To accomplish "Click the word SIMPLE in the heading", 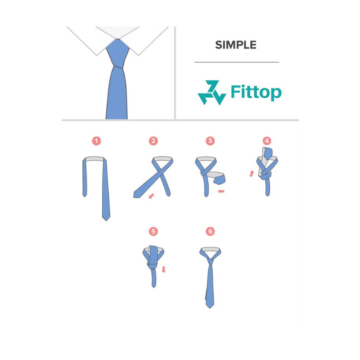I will click(x=236, y=45).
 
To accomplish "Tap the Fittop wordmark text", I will click(x=256, y=92).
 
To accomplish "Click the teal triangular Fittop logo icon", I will click(x=212, y=92).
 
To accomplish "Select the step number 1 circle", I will click(x=96, y=141).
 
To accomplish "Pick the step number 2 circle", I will click(x=153, y=141).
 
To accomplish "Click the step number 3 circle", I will click(x=210, y=141).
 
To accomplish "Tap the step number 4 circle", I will click(x=267, y=141).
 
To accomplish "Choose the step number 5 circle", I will click(x=153, y=231).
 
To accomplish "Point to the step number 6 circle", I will click(x=210, y=231).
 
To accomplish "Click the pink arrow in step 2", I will click(x=152, y=195).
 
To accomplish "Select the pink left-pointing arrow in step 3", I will click(x=221, y=191).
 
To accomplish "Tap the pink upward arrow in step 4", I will click(x=252, y=173).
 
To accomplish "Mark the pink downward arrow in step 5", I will click(x=163, y=270).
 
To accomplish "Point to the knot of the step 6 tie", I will click(x=210, y=262).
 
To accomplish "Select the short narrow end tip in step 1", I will click(x=84, y=195).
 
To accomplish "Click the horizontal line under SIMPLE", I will click(x=236, y=62).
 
